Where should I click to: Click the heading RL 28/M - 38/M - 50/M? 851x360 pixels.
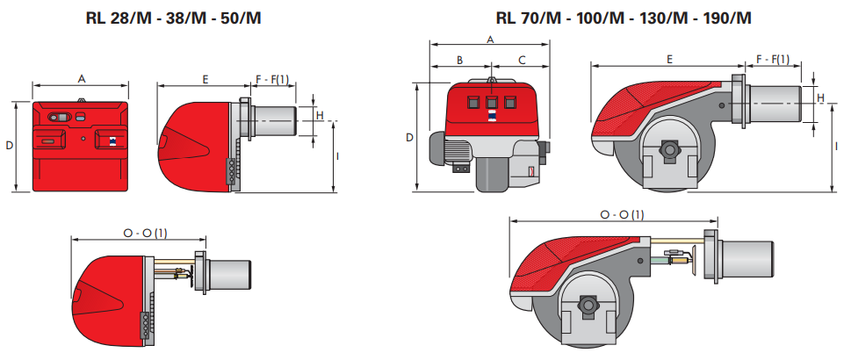[173, 18]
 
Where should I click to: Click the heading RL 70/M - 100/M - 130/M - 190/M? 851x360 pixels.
[624, 18]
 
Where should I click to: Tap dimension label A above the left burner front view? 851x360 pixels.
[82, 79]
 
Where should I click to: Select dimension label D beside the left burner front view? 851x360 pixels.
[9, 146]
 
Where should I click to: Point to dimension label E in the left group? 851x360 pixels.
[206, 79]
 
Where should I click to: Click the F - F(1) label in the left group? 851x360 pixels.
[272, 79]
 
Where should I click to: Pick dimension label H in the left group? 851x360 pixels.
[320, 115]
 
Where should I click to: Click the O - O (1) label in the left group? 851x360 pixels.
[145, 233]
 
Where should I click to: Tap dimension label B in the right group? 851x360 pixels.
[459, 60]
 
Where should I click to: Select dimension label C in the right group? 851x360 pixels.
[522, 60]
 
